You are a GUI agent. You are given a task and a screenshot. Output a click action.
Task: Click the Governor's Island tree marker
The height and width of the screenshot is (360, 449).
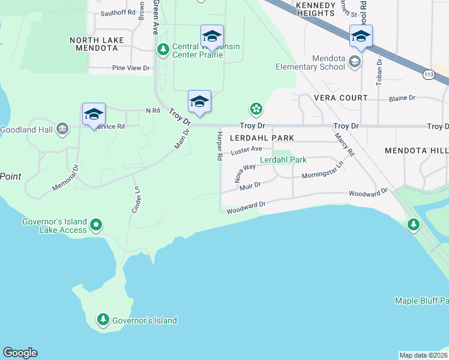click(x=103, y=320)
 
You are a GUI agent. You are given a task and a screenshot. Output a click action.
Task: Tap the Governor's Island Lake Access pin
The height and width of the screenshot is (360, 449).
click(x=96, y=226)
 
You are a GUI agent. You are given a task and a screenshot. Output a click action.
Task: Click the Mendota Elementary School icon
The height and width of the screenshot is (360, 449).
click(x=355, y=62)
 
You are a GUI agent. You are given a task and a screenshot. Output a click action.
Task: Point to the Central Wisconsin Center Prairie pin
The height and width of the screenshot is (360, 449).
click(x=161, y=48)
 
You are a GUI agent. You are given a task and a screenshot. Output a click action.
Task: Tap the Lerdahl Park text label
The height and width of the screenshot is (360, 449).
click(x=283, y=160)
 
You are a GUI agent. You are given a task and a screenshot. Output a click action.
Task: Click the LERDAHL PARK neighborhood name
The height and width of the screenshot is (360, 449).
click(x=262, y=138)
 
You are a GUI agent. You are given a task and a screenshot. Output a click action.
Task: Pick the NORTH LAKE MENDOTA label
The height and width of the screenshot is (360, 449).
click(x=97, y=44)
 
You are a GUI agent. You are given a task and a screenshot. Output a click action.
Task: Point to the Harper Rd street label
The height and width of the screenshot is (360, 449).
click(x=220, y=146)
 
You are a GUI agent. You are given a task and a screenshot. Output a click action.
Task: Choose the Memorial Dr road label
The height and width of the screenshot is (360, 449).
click(x=65, y=178)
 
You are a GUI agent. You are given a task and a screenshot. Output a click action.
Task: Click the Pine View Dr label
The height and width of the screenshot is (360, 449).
click(x=131, y=68)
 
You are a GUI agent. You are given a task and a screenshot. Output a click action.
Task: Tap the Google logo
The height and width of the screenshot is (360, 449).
click(x=20, y=353)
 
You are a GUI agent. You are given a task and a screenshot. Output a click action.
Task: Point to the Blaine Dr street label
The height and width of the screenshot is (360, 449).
click(x=402, y=98)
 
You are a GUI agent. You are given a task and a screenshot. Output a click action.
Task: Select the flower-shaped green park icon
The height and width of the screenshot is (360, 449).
click(x=256, y=109)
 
